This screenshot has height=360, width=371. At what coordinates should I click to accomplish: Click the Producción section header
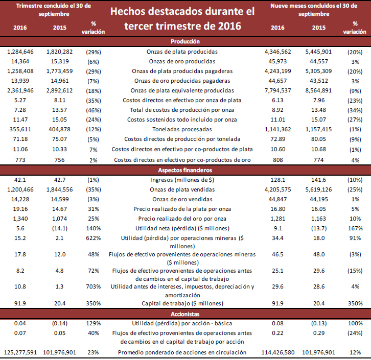point(185,41)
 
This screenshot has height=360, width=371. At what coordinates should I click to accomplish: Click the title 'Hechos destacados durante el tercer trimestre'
point(182,18)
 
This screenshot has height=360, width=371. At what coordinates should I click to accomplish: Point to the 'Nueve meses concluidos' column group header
point(319,9)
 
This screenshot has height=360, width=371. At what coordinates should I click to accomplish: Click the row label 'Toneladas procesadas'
point(182,129)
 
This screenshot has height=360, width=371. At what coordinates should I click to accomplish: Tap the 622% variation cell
point(93,238)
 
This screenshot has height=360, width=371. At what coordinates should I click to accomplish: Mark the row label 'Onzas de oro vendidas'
point(182,199)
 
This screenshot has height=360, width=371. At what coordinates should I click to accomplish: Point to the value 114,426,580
point(277,352)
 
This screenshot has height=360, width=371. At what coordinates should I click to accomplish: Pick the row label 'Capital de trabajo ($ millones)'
point(182,302)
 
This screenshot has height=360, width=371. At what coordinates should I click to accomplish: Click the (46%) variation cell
point(93,110)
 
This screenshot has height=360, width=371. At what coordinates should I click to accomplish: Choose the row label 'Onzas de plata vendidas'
point(182,189)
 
